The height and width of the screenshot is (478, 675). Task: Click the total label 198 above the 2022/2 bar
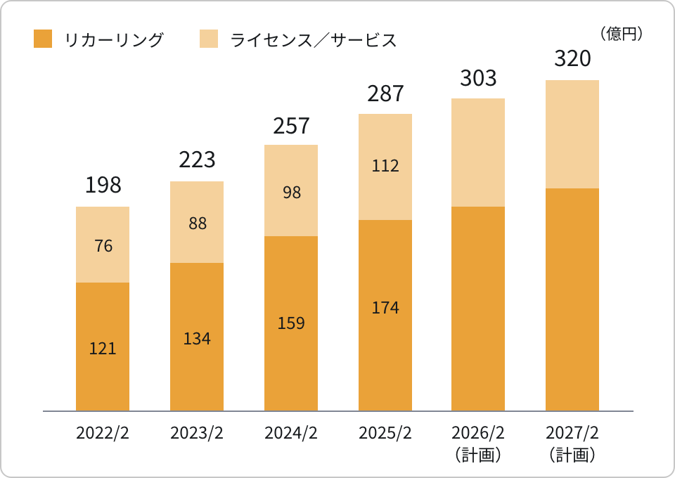click(103, 185)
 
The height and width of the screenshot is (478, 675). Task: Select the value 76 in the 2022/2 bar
click(103, 246)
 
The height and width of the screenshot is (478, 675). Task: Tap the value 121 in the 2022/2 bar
click(103, 348)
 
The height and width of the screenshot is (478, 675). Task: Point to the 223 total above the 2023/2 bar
click(197, 160)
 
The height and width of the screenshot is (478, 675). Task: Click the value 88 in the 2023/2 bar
click(197, 224)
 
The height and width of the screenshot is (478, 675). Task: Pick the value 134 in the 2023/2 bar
click(197, 338)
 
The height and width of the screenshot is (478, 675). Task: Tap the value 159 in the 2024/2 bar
click(291, 323)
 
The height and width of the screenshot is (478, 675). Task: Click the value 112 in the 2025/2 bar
click(385, 166)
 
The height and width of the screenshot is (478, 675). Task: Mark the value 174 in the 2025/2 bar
click(385, 307)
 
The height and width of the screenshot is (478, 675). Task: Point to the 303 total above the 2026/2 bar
click(478, 78)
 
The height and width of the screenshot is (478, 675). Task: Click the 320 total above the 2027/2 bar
click(572, 59)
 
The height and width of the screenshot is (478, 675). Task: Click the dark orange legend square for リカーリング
click(43, 39)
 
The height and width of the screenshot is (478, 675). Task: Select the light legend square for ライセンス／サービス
click(210, 39)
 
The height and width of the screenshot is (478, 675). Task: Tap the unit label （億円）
click(620, 34)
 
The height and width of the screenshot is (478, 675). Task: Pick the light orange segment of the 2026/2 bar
click(478, 153)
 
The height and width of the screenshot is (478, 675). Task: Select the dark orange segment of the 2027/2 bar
click(572, 299)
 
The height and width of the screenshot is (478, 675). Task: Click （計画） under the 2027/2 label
click(572, 455)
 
